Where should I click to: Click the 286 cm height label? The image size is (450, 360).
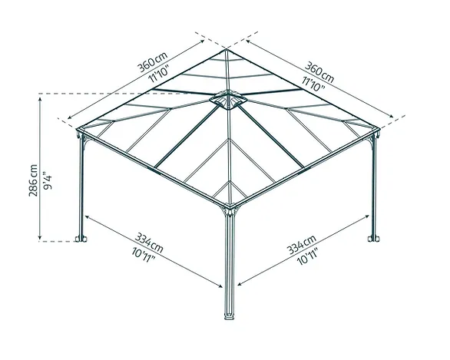(33, 180)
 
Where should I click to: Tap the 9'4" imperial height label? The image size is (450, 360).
(48, 180)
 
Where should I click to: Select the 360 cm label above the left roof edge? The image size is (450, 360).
(152, 62)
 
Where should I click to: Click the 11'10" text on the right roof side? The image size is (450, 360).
(313, 84)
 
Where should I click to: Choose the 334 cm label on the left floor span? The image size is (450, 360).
(149, 243)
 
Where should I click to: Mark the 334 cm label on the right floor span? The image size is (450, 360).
(301, 244)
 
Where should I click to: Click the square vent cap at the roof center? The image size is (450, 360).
(228, 100)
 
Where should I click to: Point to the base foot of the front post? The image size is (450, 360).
(229, 317)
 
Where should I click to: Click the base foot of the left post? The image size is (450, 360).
(81, 239)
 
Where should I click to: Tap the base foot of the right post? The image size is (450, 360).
(374, 239)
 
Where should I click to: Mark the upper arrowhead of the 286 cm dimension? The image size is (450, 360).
(40, 99)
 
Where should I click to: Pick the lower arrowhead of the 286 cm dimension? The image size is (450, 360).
(40, 237)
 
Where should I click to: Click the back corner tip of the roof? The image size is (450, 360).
(226, 49)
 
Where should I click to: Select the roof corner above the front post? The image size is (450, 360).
(229, 206)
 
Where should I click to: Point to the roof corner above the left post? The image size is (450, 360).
(78, 129)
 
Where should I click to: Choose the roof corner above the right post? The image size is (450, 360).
(379, 129)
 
